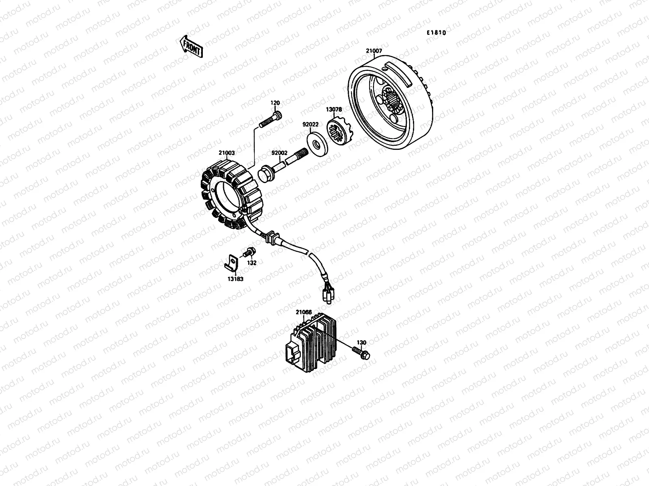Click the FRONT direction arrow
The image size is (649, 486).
point(191,45)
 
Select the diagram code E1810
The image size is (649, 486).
point(436,33)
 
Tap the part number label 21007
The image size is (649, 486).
point(374,51)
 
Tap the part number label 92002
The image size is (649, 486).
point(279,153)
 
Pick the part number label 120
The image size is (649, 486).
point(275,103)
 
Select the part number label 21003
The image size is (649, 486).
point(226,153)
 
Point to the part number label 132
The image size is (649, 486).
point(252,263)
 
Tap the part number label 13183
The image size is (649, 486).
point(235,279)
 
